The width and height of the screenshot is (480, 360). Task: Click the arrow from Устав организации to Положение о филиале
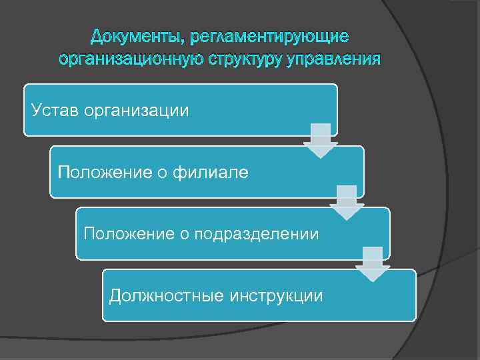[x=321, y=140]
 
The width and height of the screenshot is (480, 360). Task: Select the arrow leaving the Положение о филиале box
[x=347, y=203]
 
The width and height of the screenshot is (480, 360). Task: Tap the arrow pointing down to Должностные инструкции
[x=373, y=264]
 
